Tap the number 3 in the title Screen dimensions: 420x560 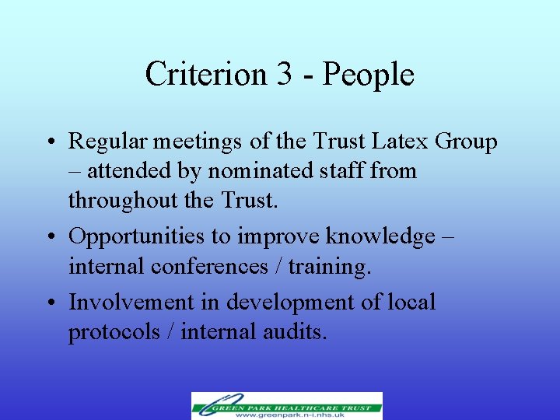pyautogui.click(x=282, y=75)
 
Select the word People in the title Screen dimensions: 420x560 pyautogui.click(x=368, y=75)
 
